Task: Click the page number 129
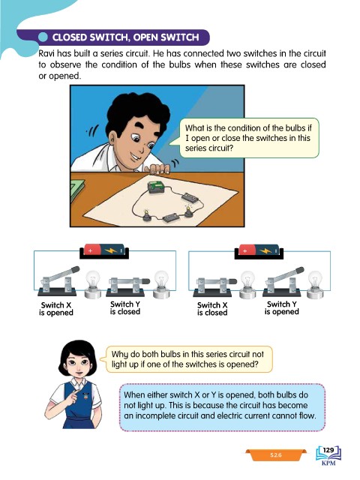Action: (x=328, y=450)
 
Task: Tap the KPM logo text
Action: (x=328, y=463)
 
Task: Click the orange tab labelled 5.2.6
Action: (x=275, y=455)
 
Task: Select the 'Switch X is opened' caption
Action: (x=56, y=309)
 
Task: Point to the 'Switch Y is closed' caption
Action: (x=125, y=308)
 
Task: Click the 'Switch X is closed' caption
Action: (x=212, y=309)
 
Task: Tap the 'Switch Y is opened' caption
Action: (x=282, y=308)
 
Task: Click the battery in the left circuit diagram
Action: (x=104, y=251)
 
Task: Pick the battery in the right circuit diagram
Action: (x=259, y=251)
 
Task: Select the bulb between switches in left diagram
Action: (x=93, y=284)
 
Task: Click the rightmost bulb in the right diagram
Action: (x=315, y=284)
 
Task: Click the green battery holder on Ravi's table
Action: (x=157, y=187)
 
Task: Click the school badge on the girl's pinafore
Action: (x=85, y=397)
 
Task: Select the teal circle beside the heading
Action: (x=43, y=37)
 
